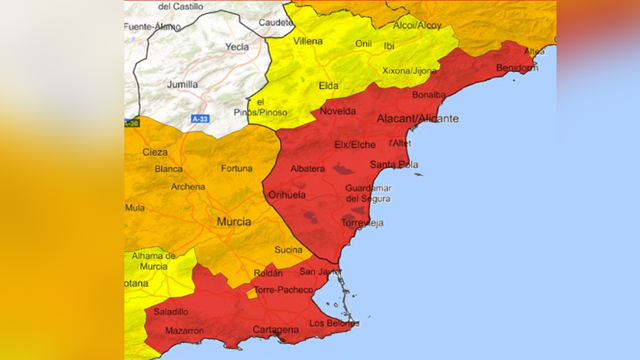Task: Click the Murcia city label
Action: tap(233, 222)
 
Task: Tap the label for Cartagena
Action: tap(275, 330)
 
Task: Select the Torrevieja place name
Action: tap(362, 223)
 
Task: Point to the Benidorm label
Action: tap(517, 68)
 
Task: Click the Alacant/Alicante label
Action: tap(417, 119)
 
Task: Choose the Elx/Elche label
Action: tap(355, 145)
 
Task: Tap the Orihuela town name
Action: tap(287, 195)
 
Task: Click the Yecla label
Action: tap(237, 47)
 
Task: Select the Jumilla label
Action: tap(182, 84)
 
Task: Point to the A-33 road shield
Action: tap(200, 119)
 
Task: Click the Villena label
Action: tap(308, 41)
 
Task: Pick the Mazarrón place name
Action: tap(184, 331)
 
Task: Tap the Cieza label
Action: tap(155, 152)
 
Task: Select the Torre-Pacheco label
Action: tap(283, 290)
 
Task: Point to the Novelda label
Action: tap(338, 110)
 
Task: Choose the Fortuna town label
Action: tap(237, 169)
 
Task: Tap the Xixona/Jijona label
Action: tap(409, 71)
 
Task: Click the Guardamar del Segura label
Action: tap(367, 193)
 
